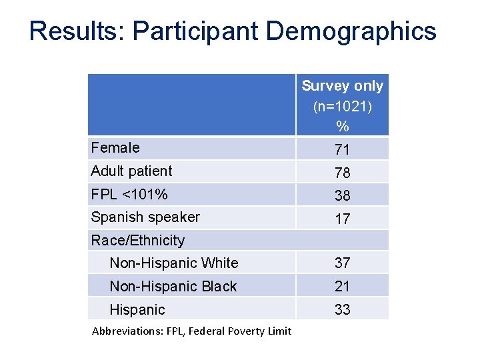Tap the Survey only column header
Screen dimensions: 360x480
(342, 86)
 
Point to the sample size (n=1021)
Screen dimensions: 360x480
(342, 106)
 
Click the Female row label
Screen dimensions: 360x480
(115, 148)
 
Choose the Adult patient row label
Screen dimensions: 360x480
(131, 171)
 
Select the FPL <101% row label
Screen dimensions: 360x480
(129, 195)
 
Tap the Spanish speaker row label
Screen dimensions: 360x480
(145, 217)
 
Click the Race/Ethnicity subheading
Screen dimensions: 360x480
(137, 240)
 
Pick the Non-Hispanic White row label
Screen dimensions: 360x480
(173, 263)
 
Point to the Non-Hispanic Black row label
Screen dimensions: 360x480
(173, 287)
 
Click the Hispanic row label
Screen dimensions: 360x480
(137, 310)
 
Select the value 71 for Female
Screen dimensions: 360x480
(342, 149)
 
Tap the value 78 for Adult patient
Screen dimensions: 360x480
(342, 173)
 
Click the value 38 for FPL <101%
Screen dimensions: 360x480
(342, 195)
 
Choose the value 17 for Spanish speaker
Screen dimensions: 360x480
(342, 219)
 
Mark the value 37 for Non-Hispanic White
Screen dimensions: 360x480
(342, 263)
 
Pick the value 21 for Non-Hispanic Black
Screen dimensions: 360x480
(342, 287)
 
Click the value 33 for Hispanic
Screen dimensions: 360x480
(342, 310)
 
